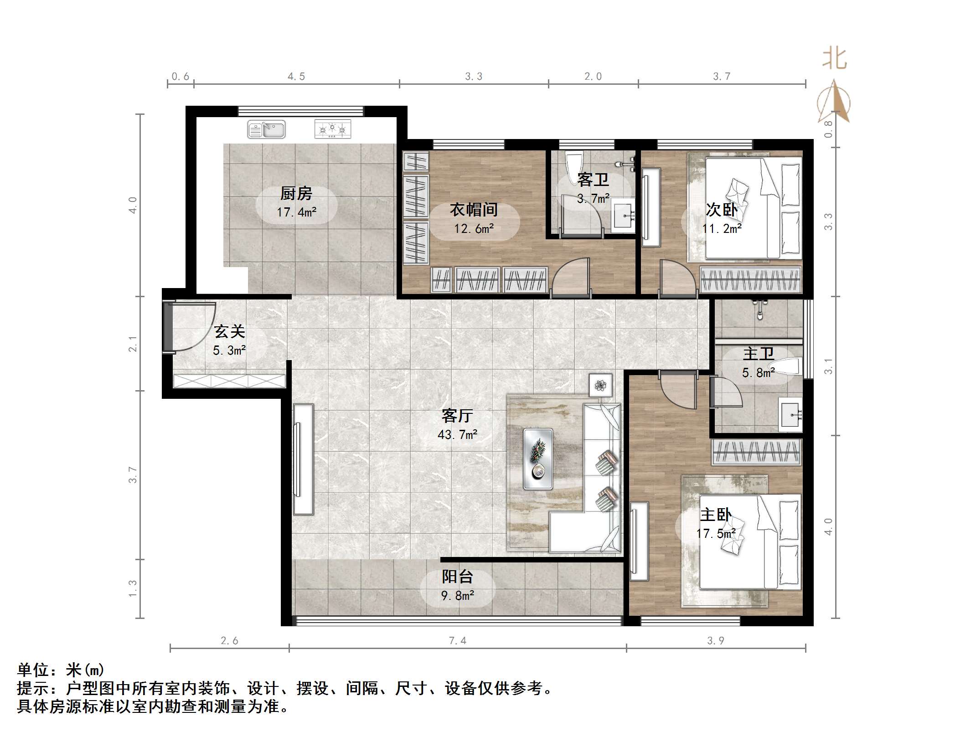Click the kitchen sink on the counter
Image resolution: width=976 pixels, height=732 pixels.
(266, 129)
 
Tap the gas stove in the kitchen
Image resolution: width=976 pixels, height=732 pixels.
(333, 129)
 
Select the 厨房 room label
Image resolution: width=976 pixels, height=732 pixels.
(296, 194)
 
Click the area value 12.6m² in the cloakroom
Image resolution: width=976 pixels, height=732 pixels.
(474, 229)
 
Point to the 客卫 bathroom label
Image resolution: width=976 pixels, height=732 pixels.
(593, 180)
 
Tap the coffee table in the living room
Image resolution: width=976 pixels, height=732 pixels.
(538, 459)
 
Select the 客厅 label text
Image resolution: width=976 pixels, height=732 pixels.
(457, 416)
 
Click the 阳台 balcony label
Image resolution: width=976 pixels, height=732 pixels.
(457, 577)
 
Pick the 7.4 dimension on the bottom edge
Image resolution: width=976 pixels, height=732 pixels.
(457, 641)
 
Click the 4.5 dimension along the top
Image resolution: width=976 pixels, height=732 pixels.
(296, 77)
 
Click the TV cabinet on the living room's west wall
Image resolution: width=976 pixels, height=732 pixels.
(303, 459)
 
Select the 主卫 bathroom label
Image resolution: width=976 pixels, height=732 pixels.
(759, 354)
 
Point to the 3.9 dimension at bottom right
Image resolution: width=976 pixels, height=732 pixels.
(716, 641)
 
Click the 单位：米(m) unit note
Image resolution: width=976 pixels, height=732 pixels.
(61, 670)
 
